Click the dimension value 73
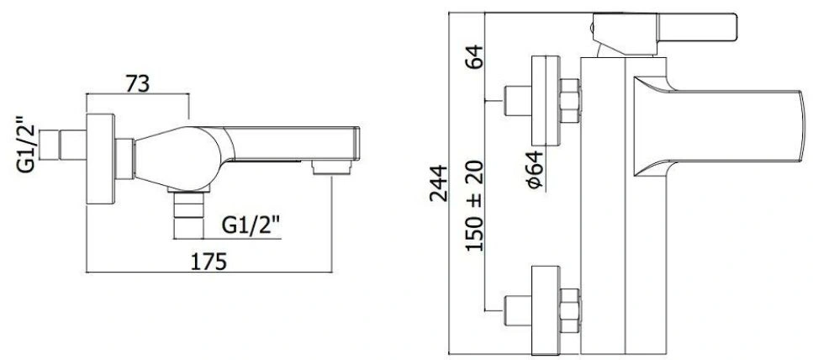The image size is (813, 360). tap(137, 83)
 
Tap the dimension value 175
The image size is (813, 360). tap(209, 262)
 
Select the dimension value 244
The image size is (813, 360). tap(439, 183)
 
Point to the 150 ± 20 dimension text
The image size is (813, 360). tap(474, 205)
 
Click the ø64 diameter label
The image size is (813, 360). tap(534, 169)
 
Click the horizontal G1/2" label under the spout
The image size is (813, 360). tap(251, 225)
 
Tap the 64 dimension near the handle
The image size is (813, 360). tap(474, 56)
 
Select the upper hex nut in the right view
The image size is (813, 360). tap(570, 101)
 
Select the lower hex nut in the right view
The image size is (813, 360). tap(570, 310)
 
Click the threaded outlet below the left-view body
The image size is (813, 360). tap(188, 214)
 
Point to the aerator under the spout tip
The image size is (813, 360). tap(332, 167)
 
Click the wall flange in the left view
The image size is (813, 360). tap(101, 159)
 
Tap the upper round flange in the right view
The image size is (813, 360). tap(546, 101)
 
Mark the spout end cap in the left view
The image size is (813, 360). tap(356, 143)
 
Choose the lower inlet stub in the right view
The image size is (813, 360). tap(518, 310)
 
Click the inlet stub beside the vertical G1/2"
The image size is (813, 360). tap(63, 146)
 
